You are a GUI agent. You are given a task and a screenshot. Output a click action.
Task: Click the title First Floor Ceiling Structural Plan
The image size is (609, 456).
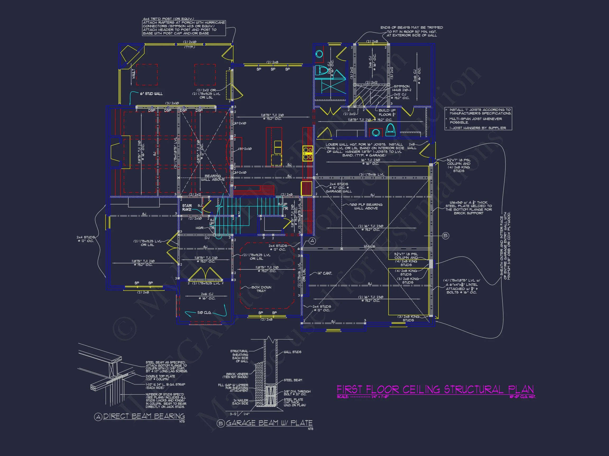pos(435,389)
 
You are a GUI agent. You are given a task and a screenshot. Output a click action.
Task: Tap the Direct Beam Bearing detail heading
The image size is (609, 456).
pos(144,416)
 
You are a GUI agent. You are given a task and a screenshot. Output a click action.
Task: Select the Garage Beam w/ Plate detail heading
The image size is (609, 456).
pos(269,423)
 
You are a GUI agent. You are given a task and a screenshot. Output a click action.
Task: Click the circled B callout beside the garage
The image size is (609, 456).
pos(445,236)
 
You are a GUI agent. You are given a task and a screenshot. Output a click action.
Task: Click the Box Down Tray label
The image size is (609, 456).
pos(261,289)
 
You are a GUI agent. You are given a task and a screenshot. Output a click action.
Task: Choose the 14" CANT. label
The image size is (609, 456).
pos(325,273)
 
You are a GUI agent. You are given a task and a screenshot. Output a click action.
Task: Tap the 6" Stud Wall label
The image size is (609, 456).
pos(151,94)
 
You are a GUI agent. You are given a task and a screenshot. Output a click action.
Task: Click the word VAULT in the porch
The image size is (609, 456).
pos(133,74)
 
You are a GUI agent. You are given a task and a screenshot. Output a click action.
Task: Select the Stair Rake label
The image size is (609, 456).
pos(187,207)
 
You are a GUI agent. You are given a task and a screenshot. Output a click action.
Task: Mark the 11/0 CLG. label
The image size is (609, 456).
pos(204,312)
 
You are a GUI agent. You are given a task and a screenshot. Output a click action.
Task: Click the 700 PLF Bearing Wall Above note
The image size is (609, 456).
pos(366,206)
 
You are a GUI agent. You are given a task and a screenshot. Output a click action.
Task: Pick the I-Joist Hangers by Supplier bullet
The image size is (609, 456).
pos(478,128)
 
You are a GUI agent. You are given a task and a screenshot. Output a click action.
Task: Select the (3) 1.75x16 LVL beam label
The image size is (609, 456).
pos(372,174)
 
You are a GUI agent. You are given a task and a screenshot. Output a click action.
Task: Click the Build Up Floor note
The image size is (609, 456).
pos(387,112)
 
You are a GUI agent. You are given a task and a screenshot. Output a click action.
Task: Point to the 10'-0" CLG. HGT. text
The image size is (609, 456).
pos(522,397)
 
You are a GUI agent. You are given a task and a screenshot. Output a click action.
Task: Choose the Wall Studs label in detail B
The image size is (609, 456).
pos(292,352)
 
